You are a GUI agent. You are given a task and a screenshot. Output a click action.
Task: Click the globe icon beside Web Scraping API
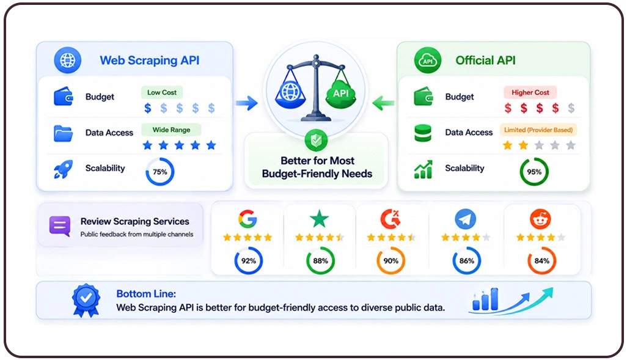(68, 61)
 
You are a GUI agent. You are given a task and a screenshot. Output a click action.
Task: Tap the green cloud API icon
(427, 61)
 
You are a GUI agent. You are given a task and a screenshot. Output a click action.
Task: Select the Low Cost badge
(162, 92)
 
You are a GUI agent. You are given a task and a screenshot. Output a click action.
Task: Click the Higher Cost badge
(530, 92)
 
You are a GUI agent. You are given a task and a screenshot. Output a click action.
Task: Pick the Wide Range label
(171, 130)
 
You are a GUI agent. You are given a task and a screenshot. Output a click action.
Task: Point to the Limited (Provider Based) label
(538, 130)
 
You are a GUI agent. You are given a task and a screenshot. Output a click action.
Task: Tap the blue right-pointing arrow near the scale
(247, 103)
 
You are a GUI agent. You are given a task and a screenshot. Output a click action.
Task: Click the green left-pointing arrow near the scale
(383, 103)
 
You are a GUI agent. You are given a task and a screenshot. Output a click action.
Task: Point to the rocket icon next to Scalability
(63, 169)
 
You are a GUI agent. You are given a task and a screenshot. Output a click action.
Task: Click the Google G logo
(248, 219)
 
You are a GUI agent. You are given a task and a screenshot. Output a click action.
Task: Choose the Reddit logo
(541, 219)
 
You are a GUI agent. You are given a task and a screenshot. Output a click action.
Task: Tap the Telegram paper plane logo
(466, 219)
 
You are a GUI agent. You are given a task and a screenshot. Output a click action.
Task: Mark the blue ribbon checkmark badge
(86, 300)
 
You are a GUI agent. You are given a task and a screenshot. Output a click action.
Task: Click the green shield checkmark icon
(317, 140)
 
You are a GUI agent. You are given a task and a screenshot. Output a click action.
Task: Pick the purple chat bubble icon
(60, 226)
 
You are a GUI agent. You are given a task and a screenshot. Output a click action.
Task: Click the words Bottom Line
(146, 293)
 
